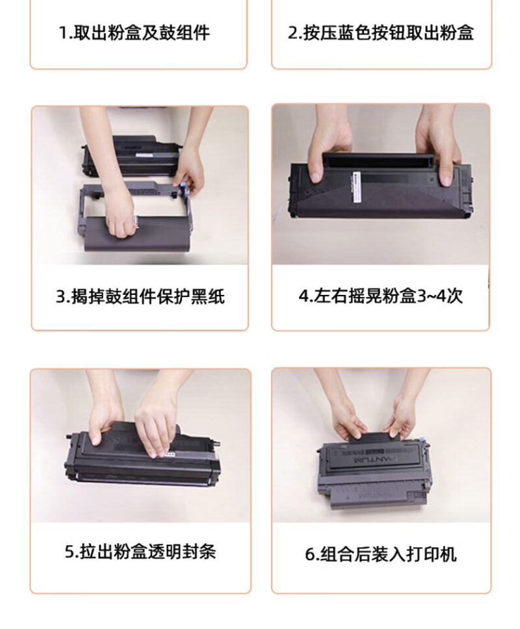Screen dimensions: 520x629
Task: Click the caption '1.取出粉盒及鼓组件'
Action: pos(134,32)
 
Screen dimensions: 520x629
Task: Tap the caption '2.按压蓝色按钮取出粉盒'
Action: pos(381,32)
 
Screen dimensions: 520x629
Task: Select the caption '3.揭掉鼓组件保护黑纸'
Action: pos(140,297)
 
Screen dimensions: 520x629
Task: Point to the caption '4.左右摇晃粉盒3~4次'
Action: pos(381,296)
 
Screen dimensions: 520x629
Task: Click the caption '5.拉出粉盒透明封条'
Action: pos(140,551)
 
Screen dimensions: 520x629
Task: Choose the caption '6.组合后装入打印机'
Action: pos(381,554)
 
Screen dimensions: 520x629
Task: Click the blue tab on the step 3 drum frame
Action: pos(185,188)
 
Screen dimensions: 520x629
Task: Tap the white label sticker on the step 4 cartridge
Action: pos(357,188)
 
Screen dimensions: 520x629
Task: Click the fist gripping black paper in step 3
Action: pos(119,225)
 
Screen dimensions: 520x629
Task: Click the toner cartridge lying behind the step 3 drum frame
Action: pos(131,157)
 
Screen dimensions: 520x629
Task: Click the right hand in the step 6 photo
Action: pos(402,417)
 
